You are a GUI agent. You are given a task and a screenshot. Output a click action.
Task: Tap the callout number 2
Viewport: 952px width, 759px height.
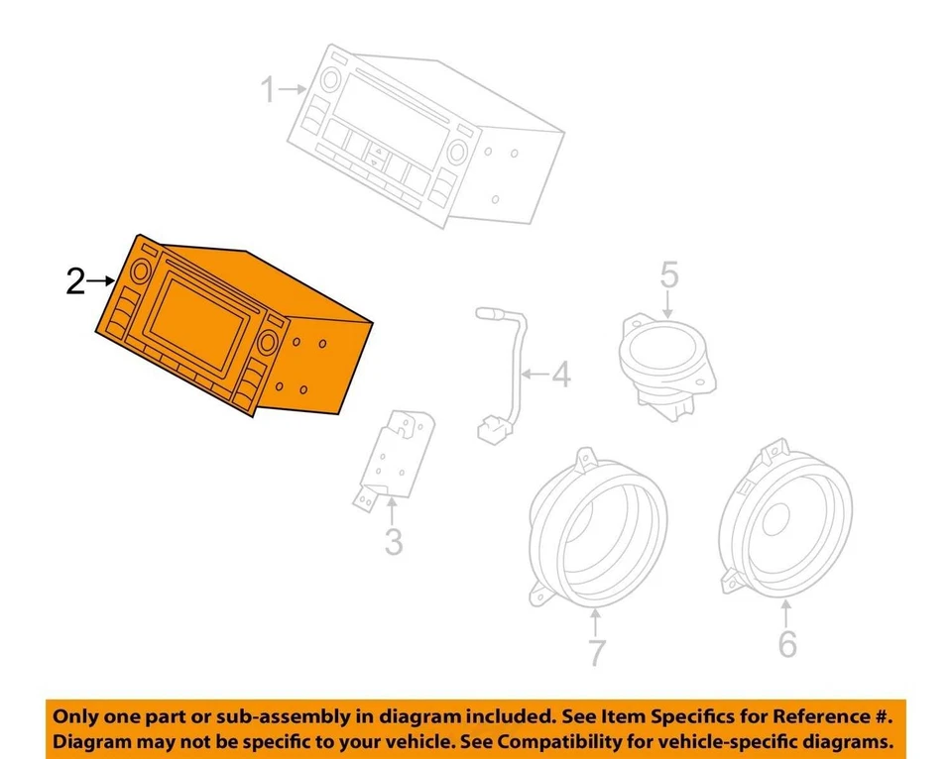(74, 281)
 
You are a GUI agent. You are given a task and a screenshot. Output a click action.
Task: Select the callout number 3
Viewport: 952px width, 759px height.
(394, 542)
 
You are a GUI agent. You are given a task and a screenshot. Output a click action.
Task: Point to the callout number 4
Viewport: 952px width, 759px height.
(560, 377)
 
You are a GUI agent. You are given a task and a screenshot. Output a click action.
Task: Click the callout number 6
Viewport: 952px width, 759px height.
(786, 644)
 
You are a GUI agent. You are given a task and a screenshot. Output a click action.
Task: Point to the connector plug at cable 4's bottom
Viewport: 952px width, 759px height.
(490, 431)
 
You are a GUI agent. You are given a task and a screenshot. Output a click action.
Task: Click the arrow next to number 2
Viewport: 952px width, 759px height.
(102, 281)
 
